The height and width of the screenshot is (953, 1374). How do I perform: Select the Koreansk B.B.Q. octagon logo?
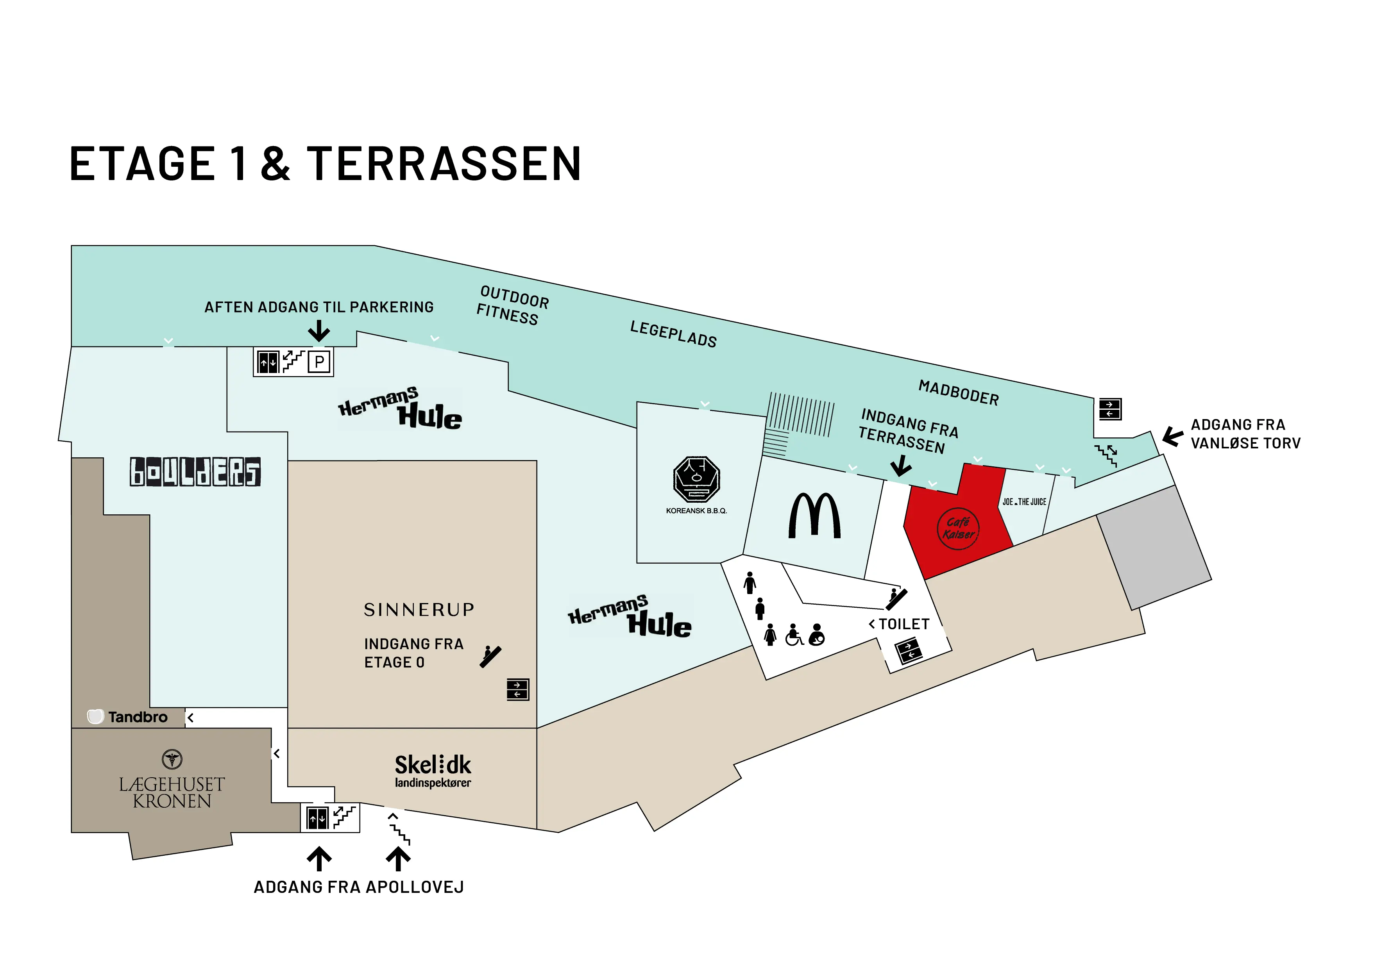coord(696,479)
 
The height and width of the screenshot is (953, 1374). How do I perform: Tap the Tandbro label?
coord(128,717)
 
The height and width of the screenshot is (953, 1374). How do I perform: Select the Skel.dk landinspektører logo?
coord(433,771)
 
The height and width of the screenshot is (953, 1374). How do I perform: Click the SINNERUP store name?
coord(419,610)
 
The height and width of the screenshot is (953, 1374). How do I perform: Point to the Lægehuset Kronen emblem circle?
coord(172,760)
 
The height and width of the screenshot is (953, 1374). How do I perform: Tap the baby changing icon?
coord(817,635)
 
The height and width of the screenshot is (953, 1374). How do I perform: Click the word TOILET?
coord(904,624)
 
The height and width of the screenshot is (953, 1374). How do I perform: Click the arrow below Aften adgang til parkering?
coord(319,331)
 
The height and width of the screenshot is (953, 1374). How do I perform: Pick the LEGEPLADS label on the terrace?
coord(673,334)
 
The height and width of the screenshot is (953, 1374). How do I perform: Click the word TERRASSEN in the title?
coord(444,164)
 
